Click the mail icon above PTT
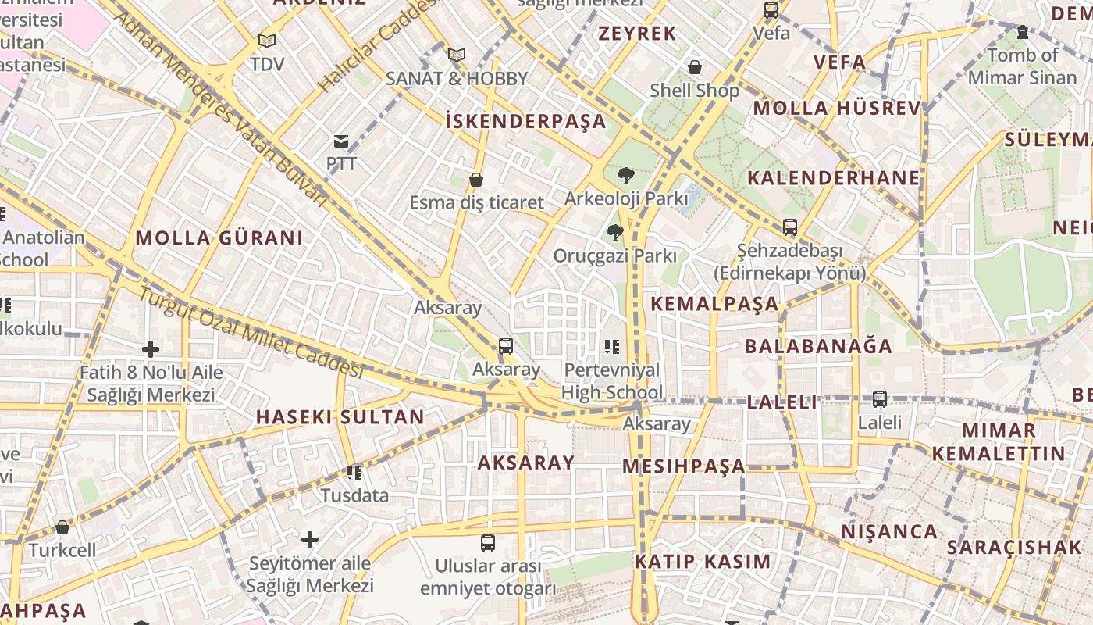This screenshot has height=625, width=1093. [x=341, y=141]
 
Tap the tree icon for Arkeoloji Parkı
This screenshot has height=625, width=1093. [x=625, y=176]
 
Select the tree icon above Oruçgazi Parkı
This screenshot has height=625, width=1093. [x=615, y=232]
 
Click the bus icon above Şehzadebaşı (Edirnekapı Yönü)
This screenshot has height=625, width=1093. [x=790, y=227]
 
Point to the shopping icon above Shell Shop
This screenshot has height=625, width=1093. [x=695, y=67]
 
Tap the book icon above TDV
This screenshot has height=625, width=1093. [x=267, y=41]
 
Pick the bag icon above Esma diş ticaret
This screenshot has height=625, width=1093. [x=476, y=180]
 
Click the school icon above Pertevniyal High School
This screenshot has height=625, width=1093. [x=611, y=345]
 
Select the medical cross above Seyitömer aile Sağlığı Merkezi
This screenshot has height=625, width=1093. [x=310, y=539]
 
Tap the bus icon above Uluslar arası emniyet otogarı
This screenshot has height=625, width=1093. [x=488, y=542]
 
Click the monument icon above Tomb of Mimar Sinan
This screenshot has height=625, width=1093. [x=1023, y=32]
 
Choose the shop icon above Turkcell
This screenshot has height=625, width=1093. [x=62, y=527]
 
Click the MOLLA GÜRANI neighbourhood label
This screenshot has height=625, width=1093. [x=219, y=238]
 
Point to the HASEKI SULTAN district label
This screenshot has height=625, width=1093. [x=340, y=416]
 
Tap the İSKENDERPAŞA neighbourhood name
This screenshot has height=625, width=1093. [x=525, y=121]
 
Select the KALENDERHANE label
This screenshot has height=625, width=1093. [x=834, y=177]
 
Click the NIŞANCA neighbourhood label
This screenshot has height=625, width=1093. [x=889, y=532]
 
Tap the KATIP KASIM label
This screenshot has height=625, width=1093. [x=703, y=561]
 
